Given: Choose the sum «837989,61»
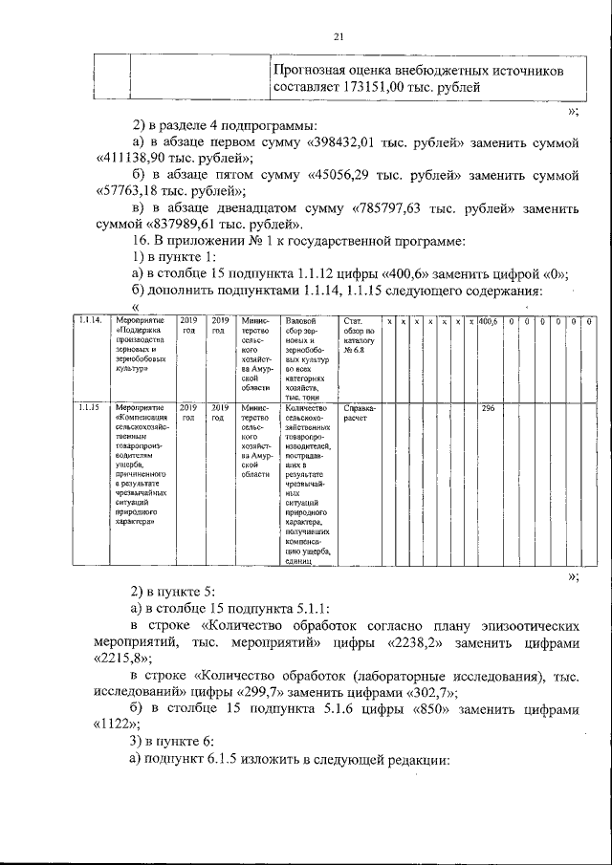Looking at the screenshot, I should point(182,225).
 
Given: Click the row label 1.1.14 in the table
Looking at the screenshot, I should point(91,320).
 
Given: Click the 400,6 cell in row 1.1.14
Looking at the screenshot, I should point(488,320).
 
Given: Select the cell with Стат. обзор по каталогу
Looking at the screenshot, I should point(361,335).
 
